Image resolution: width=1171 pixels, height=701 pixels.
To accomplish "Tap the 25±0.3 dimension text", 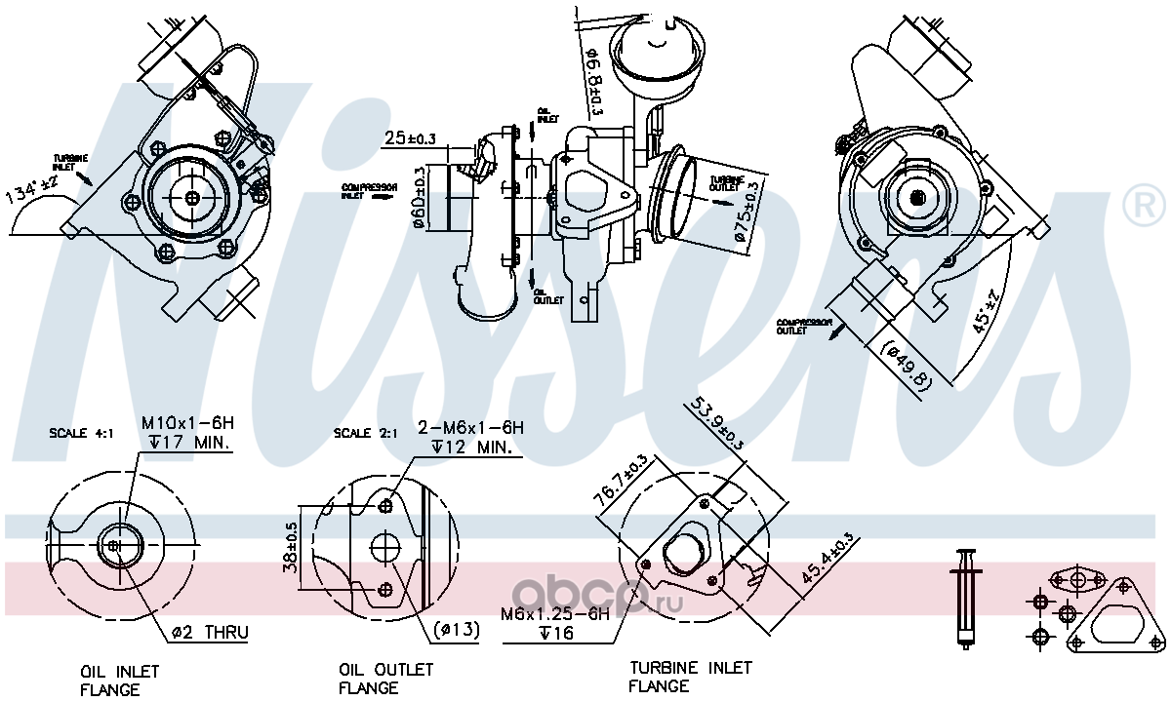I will pos(410,138).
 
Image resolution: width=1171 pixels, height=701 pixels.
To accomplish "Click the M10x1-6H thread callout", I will pos(188,424).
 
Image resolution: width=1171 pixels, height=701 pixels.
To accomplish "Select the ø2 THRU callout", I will pos(210,633).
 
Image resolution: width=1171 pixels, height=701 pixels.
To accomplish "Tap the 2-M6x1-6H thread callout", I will pos(471,428).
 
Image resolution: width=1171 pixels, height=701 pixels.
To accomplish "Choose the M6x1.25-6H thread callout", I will pos(554,614).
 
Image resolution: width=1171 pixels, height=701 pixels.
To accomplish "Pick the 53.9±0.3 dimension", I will pos(718,422).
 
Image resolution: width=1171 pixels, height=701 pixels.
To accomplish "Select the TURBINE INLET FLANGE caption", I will pos(690,677).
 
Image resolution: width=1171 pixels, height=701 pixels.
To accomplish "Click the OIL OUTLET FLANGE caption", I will pos(385,679).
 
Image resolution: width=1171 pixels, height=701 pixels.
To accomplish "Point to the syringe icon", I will pos(967,597).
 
